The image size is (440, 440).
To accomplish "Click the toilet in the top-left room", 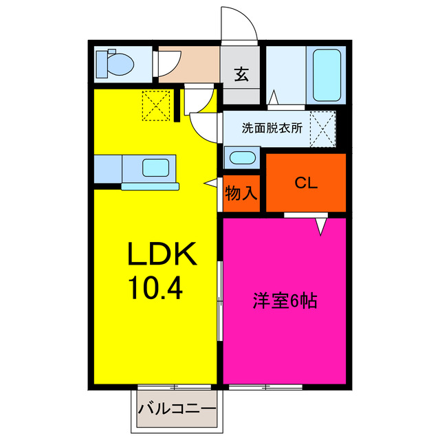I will point(115,65).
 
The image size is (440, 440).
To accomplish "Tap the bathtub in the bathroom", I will point(327,75).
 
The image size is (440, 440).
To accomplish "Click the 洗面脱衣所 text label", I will point(272,127).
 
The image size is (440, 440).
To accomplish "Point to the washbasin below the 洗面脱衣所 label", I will point(241,157).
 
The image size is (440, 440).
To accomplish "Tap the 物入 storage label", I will point(241,194).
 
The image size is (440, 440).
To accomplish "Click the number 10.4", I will point(155,288).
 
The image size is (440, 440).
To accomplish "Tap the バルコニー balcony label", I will point(177,408).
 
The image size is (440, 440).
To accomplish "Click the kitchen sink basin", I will point(155,168).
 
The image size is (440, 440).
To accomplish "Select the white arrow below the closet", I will point(321,225).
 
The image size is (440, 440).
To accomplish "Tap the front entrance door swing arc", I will point(240,27).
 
